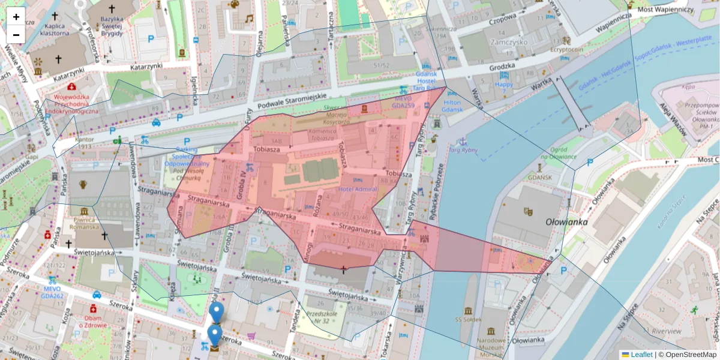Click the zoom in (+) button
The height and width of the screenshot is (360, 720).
click(x=16, y=17)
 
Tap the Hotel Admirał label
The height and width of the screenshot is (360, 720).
click(x=358, y=189)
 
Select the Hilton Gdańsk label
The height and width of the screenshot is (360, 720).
click(x=452, y=106)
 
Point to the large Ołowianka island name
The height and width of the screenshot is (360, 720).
click(x=567, y=221)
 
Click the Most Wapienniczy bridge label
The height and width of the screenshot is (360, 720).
click(x=665, y=10)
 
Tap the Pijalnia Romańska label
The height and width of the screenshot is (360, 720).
click(x=84, y=223)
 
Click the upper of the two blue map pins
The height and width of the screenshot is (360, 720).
click(x=217, y=311)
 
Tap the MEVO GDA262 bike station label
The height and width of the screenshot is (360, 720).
click(x=52, y=292)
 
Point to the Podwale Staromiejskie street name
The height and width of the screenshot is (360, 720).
click(x=290, y=100)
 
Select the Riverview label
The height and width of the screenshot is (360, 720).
click(x=666, y=331)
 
